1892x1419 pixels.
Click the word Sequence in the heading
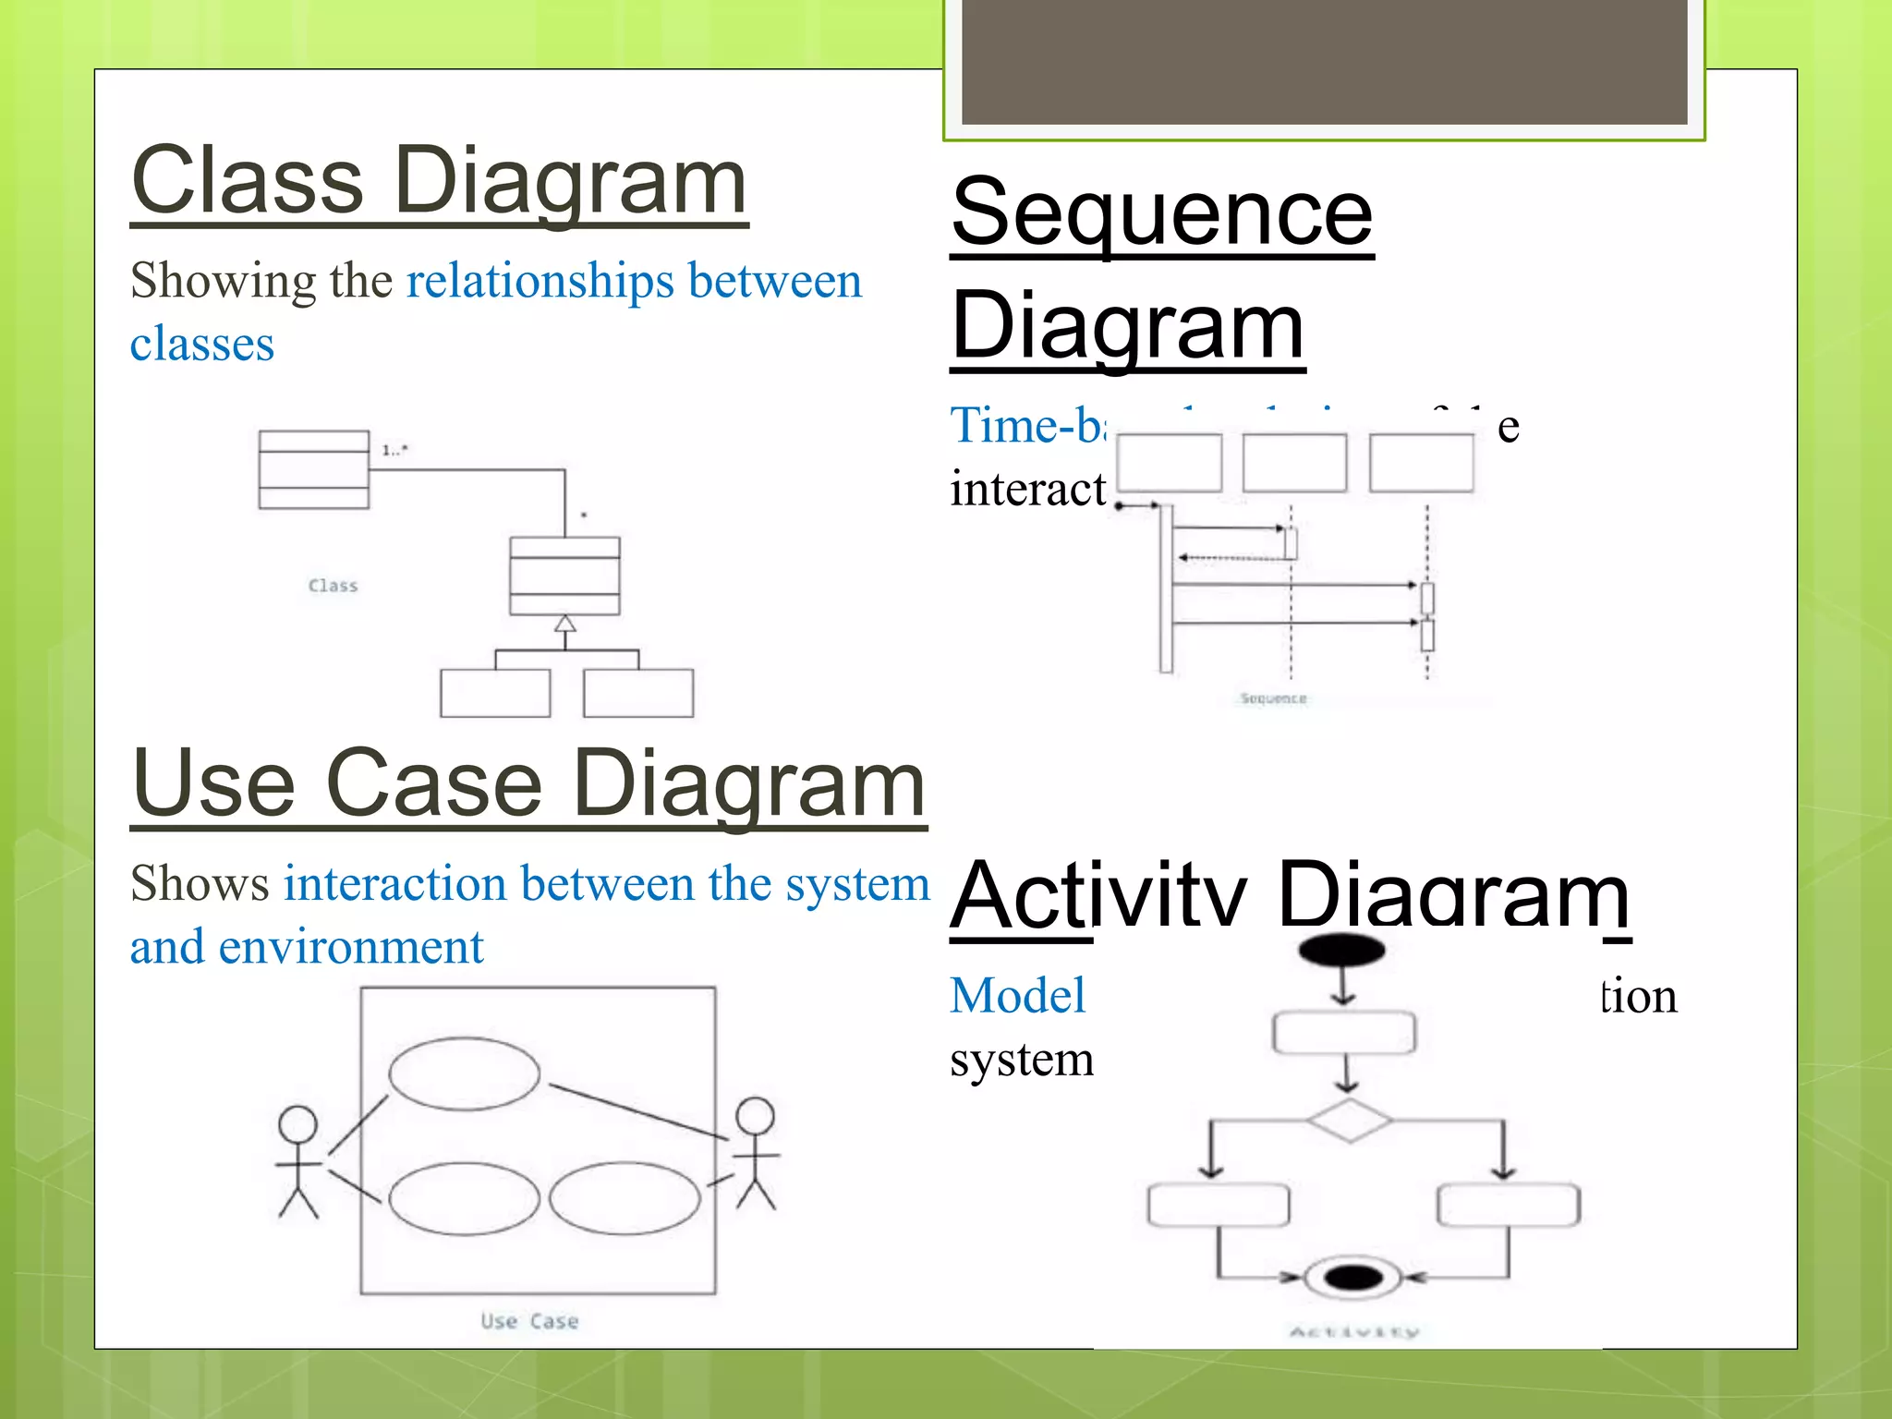point(1162,214)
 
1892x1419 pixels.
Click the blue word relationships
point(540,281)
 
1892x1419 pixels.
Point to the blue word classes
point(201,344)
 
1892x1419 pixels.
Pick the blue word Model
point(1017,996)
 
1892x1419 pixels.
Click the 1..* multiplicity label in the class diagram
point(394,450)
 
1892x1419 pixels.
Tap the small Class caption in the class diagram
point(333,586)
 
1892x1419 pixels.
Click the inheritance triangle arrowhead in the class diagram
point(565,624)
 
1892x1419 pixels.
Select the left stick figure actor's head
point(297,1123)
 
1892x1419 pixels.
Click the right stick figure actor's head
point(755,1115)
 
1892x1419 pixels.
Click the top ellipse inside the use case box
point(464,1073)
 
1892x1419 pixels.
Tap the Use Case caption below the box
point(529,1321)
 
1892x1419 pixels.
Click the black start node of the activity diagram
point(1341,950)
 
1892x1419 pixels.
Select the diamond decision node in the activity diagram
point(1349,1121)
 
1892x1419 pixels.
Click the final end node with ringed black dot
point(1352,1278)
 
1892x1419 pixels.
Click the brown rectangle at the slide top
point(1324,61)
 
